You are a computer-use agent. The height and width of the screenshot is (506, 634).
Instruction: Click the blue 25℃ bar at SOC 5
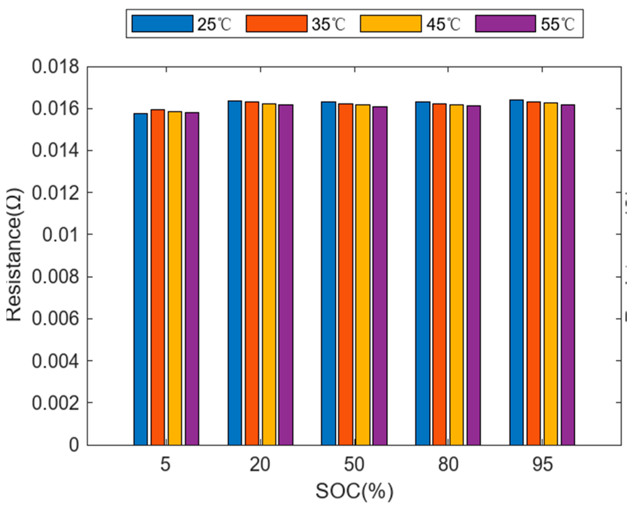click(x=140, y=279)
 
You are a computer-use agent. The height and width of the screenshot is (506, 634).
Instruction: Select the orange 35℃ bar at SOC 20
click(x=252, y=273)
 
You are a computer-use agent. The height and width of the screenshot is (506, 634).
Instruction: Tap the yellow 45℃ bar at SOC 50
click(x=362, y=274)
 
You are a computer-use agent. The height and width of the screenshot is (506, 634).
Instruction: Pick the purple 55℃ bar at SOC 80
click(x=473, y=275)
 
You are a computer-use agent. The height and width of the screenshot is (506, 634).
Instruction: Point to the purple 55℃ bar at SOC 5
click(x=192, y=279)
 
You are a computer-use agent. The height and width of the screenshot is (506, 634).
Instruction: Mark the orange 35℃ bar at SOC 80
click(x=439, y=274)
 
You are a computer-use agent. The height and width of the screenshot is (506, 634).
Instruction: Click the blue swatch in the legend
click(x=162, y=24)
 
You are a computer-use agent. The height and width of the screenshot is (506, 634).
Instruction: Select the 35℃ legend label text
click(x=329, y=24)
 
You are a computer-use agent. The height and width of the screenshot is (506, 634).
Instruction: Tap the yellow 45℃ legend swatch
click(x=390, y=24)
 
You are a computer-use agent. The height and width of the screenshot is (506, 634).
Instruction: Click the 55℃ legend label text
click(x=558, y=24)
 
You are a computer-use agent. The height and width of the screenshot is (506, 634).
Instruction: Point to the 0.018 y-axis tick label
click(x=55, y=68)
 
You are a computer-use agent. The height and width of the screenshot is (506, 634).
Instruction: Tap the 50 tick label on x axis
click(x=354, y=464)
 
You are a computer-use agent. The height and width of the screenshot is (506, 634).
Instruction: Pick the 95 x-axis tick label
click(x=542, y=464)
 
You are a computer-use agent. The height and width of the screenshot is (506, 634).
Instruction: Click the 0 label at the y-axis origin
click(x=74, y=445)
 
